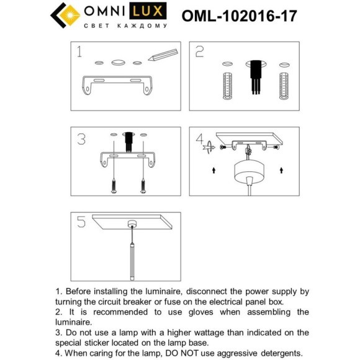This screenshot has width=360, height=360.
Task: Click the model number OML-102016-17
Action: point(239,15)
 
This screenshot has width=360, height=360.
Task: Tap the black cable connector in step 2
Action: point(254,77)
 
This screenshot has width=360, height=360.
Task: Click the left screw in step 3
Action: point(115,185)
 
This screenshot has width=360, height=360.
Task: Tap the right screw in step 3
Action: point(144,185)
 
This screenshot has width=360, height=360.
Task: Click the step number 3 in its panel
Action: point(81,139)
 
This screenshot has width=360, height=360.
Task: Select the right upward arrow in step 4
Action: point(282,169)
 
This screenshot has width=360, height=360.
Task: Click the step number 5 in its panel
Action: point(81,222)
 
